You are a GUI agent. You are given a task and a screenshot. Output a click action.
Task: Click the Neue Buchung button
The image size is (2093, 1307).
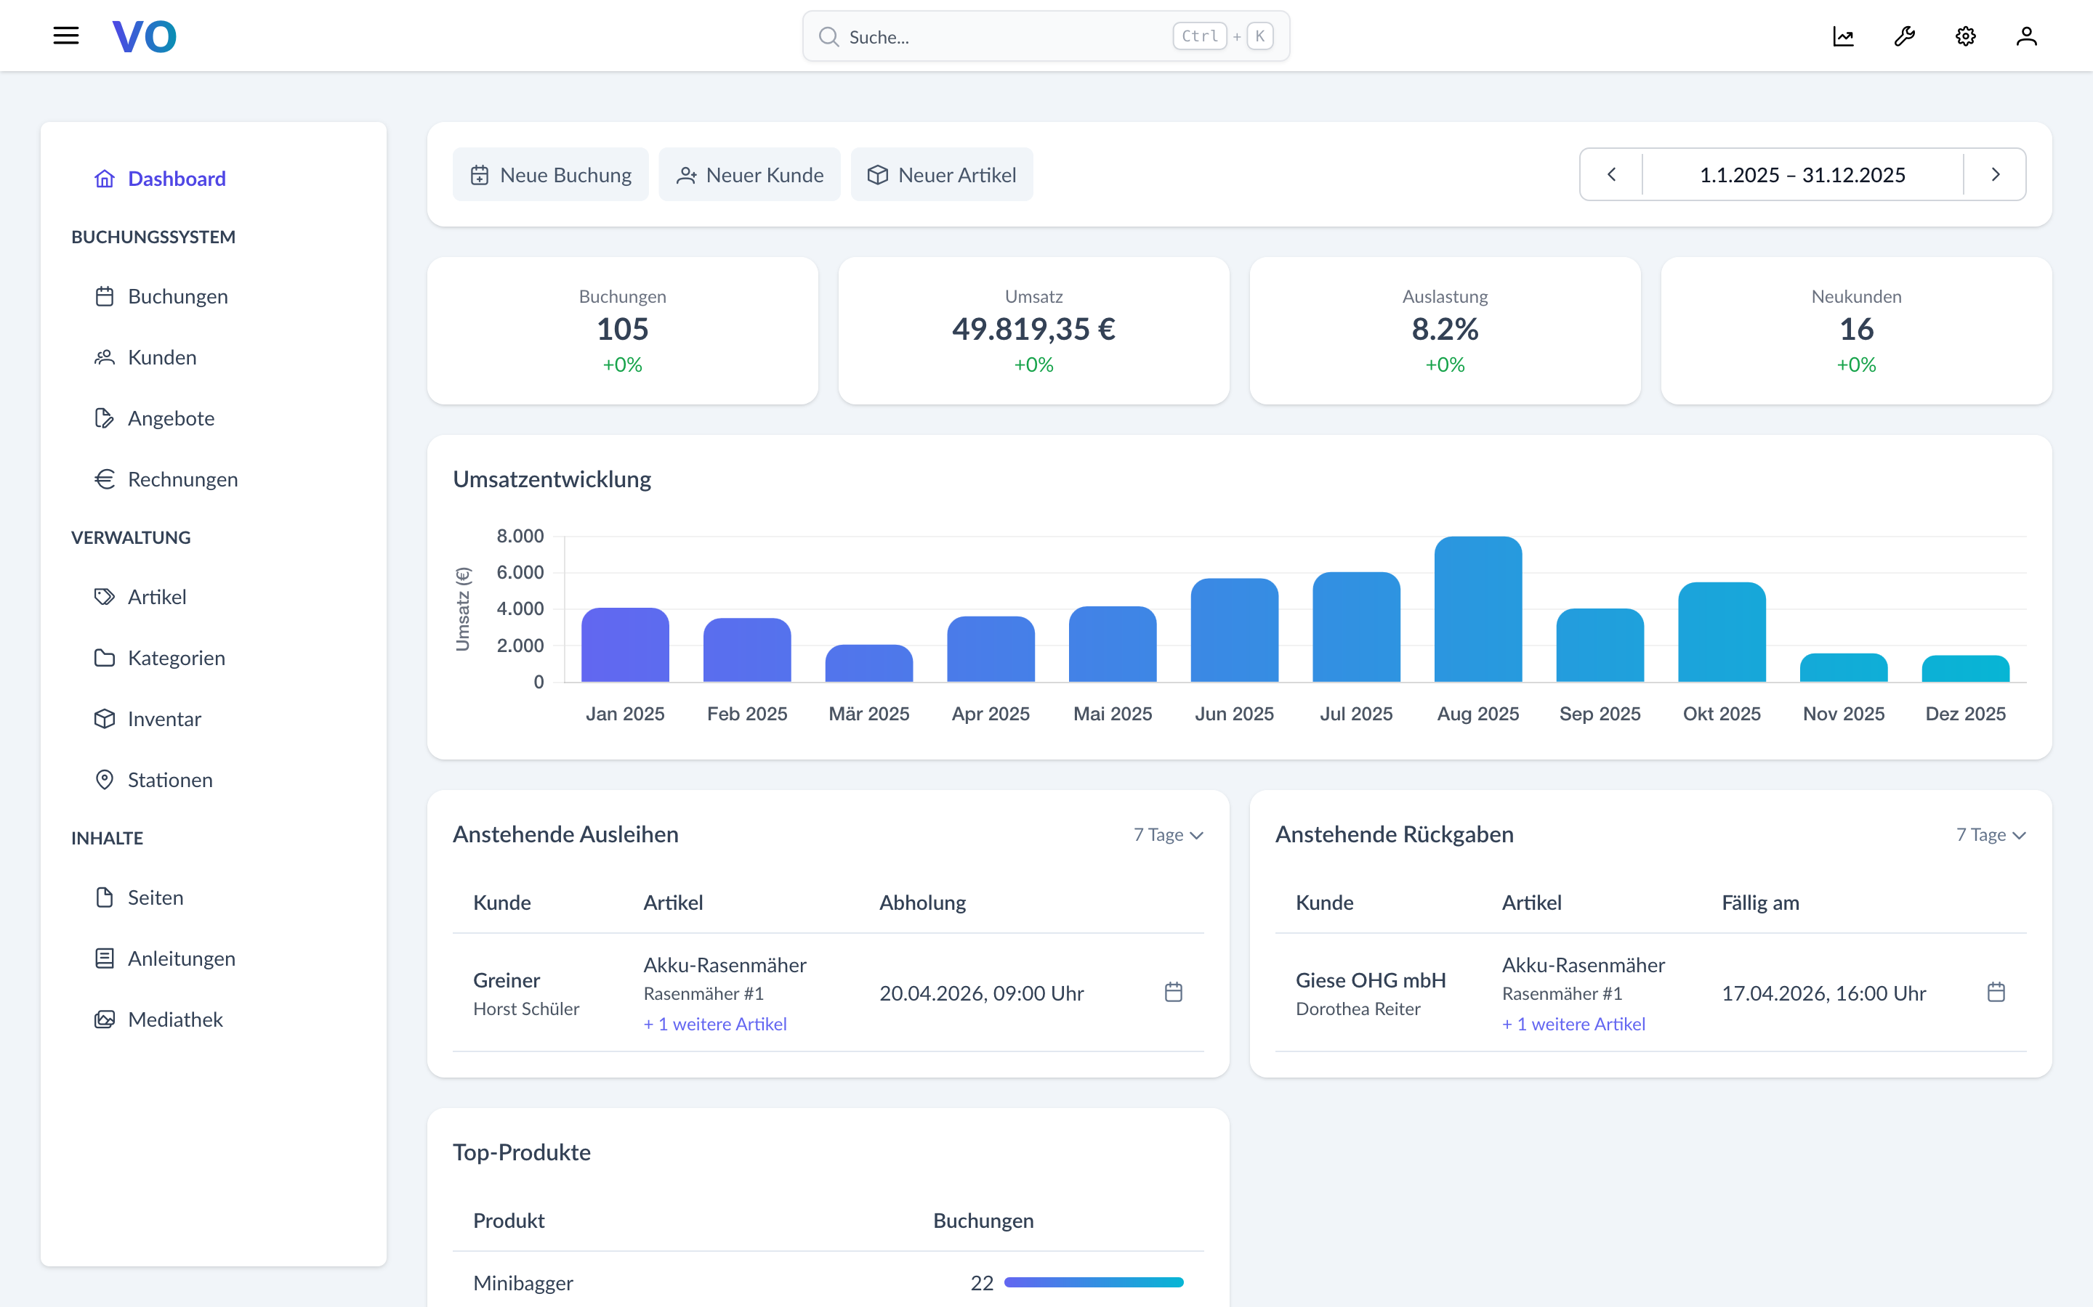550,174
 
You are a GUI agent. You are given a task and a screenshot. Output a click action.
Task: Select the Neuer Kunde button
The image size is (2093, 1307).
749,174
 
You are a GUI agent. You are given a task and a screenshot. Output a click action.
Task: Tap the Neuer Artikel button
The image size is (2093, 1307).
941,174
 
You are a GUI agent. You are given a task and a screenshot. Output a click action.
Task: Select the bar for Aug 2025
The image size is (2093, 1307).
1477,609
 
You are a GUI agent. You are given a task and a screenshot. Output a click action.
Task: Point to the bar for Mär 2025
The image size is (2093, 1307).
868,664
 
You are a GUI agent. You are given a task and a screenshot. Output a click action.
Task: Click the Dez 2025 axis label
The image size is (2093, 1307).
1964,714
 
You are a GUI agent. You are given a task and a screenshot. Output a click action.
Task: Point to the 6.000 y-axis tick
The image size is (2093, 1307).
520,572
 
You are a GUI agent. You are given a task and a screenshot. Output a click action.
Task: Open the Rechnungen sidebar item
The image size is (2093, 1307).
182,479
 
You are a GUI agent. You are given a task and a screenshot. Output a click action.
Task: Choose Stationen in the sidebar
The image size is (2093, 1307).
169,780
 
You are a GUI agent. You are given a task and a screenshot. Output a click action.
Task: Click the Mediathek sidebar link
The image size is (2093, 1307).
174,1019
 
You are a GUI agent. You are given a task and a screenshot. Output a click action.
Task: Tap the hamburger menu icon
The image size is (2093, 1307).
65,36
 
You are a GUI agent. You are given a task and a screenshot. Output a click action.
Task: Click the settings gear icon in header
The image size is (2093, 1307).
1965,36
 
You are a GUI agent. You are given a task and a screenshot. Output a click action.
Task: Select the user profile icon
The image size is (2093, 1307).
2026,36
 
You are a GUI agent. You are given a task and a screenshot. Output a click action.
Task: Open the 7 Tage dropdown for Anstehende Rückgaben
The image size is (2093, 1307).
1990,835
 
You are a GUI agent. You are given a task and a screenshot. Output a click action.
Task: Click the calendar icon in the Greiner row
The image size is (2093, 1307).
1173,993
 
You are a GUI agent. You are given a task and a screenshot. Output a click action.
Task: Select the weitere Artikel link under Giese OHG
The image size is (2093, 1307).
1573,1025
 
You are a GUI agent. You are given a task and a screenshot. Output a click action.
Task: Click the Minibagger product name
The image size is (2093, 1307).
523,1283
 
